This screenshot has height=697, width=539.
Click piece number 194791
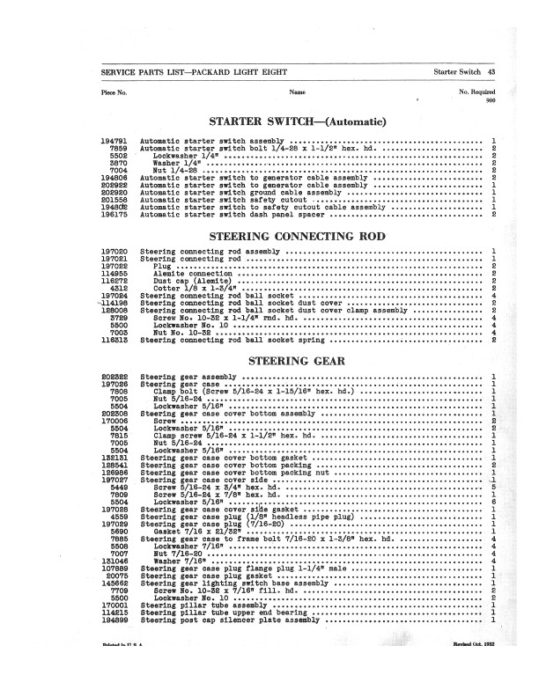[115, 141]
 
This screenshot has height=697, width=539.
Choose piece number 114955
[115, 273]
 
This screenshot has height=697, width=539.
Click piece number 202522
[115, 378]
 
